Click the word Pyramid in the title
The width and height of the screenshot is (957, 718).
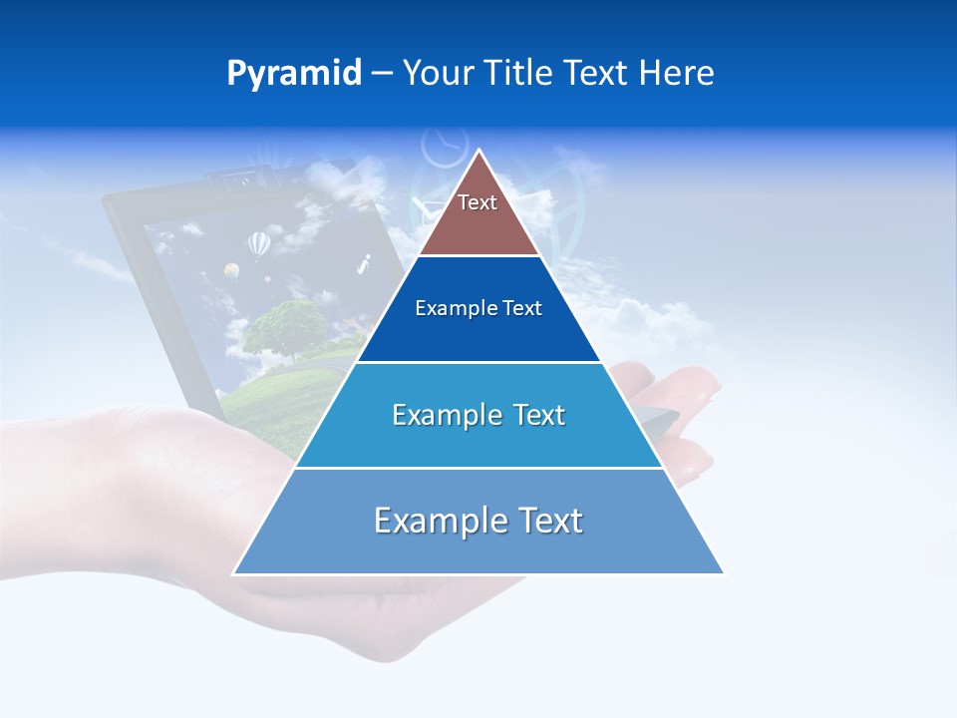pyautogui.click(x=294, y=74)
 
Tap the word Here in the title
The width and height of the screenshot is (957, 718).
pyautogui.click(x=676, y=74)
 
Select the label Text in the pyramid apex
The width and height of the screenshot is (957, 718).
pyautogui.click(x=478, y=202)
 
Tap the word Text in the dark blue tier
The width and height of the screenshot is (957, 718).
pyautogui.click(x=523, y=309)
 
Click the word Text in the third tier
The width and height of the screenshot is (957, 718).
pyautogui.click(x=539, y=415)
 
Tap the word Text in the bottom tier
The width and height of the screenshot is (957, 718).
pyautogui.click(x=551, y=521)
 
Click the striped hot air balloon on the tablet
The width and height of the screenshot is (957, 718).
pyautogui.click(x=258, y=243)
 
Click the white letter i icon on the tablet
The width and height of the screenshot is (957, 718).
pyautogui.click(x=364, y=264)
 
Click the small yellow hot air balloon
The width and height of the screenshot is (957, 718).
pyautogui.click(x=231, y=270)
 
